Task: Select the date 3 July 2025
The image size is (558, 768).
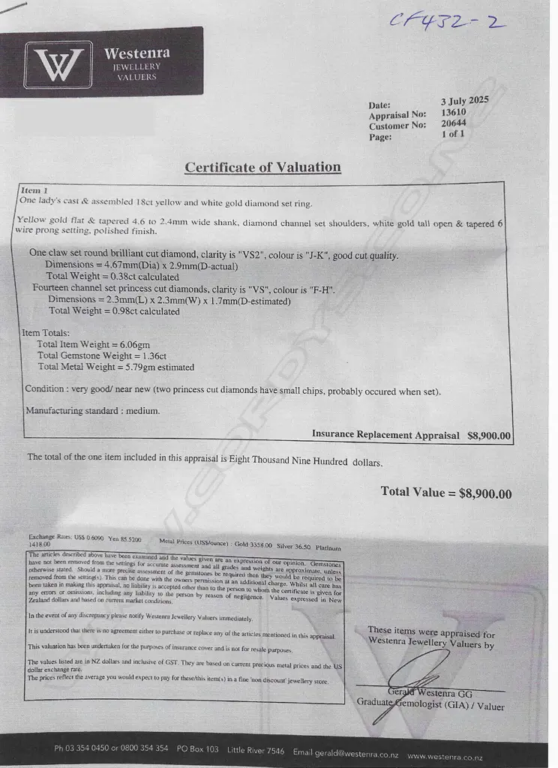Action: coord(464,100)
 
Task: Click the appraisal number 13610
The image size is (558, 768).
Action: coord(454,112)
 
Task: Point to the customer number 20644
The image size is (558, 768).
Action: coord(454,123)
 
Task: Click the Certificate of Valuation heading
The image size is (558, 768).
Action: coord(262,167)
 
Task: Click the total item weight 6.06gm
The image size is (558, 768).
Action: coord(135,345)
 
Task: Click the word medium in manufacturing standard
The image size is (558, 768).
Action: coord(144,411)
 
